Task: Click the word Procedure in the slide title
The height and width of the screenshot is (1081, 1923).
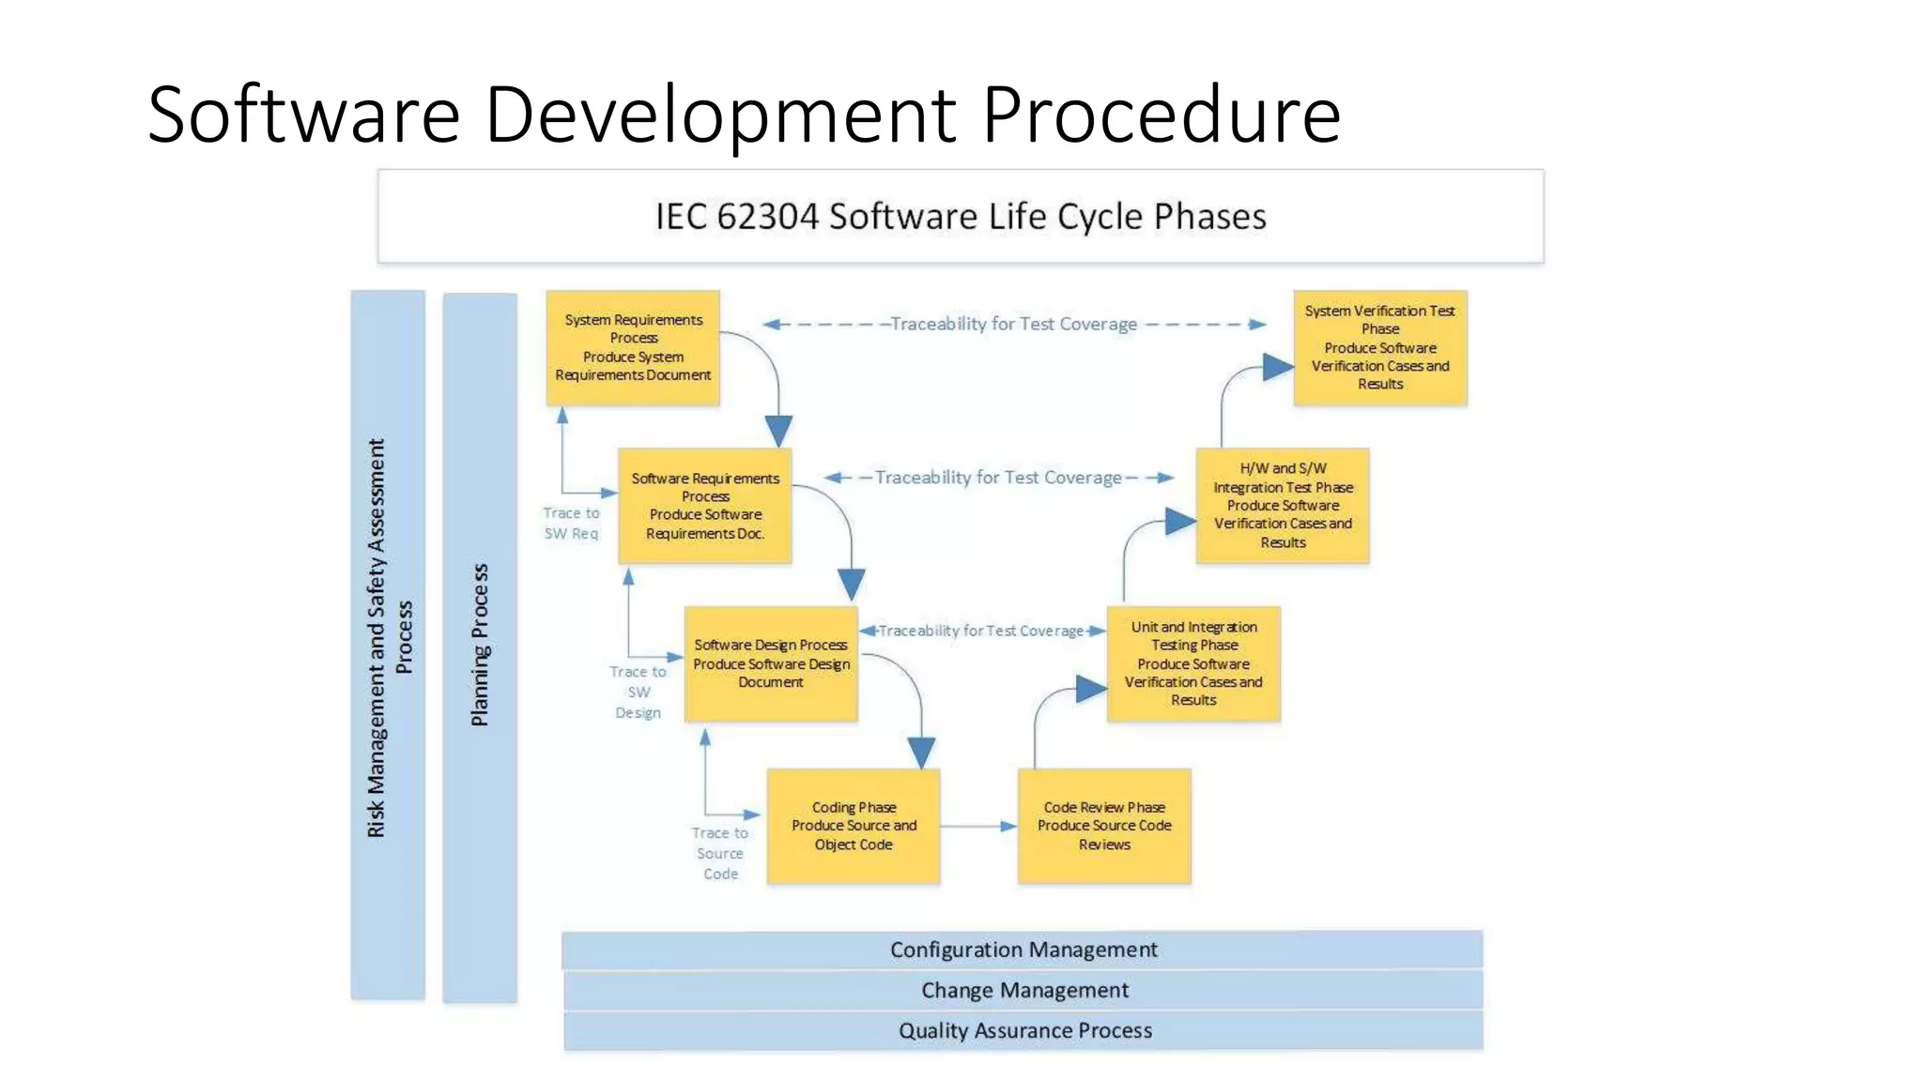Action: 1161,114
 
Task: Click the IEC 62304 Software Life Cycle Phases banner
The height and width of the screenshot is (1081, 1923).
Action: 960,217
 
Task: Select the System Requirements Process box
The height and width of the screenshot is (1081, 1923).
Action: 633,347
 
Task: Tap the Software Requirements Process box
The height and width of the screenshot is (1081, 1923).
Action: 704,506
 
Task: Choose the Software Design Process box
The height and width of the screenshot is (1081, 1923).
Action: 770,663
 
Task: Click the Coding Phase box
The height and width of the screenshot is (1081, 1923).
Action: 853,826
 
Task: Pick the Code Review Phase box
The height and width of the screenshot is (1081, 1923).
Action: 1104,826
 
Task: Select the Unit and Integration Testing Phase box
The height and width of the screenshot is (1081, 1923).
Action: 1192,663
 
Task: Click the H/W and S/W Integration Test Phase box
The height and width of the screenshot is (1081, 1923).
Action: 1283,506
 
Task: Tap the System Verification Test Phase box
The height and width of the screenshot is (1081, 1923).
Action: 1379,347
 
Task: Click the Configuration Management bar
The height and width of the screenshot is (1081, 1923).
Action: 1023,950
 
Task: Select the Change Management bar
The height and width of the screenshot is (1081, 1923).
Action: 1023,990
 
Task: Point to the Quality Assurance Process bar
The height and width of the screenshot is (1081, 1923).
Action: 1024,1030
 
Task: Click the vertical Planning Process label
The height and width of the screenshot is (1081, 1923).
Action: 480,646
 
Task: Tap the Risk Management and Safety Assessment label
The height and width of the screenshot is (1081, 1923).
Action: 388,638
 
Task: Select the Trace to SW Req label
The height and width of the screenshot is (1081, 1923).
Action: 571,524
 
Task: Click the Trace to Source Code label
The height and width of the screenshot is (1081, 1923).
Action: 720,853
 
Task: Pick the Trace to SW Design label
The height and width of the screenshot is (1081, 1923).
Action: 638,692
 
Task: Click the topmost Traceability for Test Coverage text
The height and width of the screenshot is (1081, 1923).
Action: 1013,324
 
